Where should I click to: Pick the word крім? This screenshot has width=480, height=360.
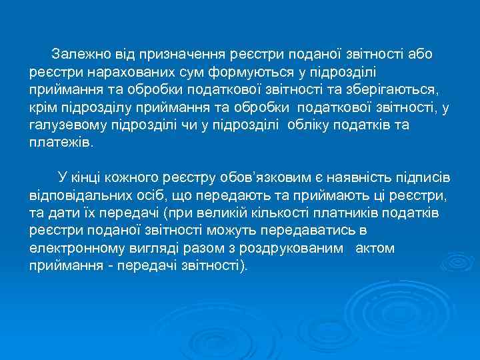[41, 107]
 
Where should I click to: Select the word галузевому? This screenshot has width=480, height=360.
[65, 125]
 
